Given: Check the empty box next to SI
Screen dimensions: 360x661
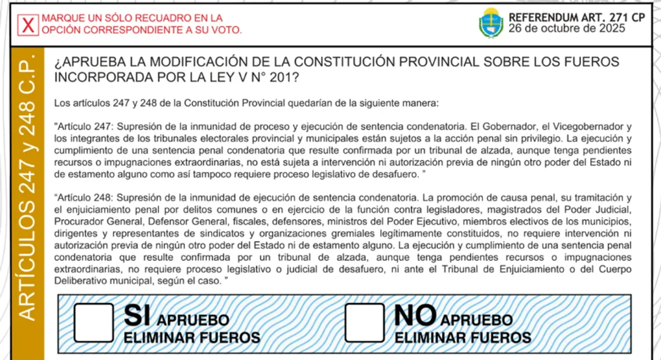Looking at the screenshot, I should pyautogui.click(x=93, y=323).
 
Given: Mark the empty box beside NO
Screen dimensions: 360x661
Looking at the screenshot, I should pyautogui.click(x=365, y=323).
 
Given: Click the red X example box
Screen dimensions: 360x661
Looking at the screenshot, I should pyautogui.click(x=28, y=25).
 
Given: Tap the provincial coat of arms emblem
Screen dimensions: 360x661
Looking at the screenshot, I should pyautogui.click(x=491, y=23).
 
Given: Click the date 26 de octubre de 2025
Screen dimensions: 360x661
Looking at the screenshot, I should pyautogui.click(x=566, y=28).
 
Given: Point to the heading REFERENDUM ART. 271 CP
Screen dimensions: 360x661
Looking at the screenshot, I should pyautogui.click(x=576, y=17).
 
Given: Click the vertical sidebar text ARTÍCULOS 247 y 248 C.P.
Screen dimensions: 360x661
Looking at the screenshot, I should pyautogui.click(x=28, y=186).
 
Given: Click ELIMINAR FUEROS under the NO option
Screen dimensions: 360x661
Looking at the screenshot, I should pyautogui.click(x=463, y=338).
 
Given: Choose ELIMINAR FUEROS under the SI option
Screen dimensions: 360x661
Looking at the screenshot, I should pyautogui.click(x=192, y=338).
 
